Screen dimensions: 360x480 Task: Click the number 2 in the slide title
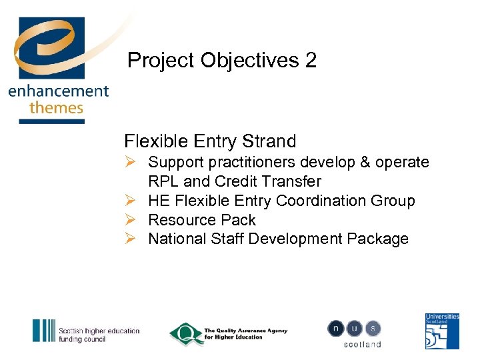[x=310, y=61]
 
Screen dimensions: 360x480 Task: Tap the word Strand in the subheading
[x=269, y=141]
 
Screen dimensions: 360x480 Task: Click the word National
[x=177, y=239]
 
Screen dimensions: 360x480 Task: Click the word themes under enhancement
[x=56, y=108]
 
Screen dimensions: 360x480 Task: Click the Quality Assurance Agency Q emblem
[x=185, y=334]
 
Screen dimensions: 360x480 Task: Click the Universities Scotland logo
[x=442, y=331]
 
